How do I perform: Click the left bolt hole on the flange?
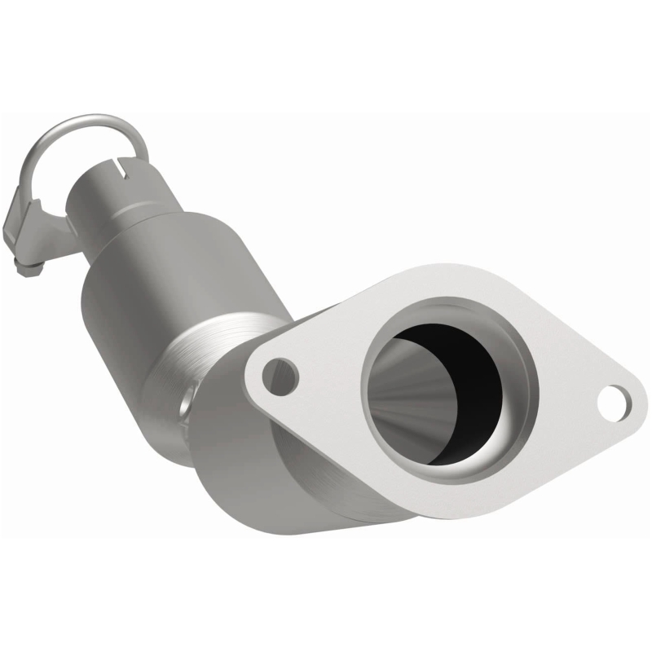(281, 376)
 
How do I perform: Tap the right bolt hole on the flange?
(616, 400)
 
